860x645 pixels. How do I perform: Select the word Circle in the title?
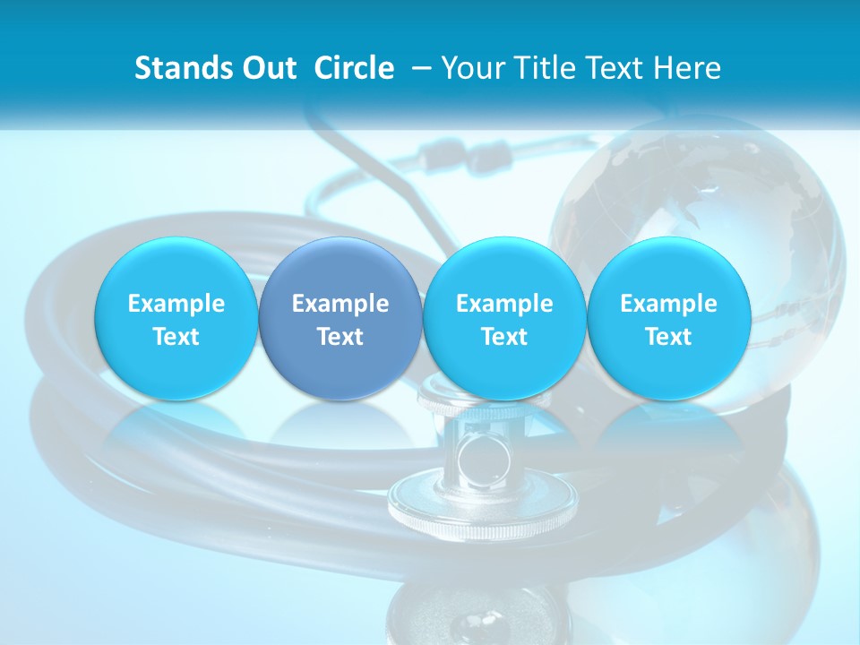pyautogui.click(x=354, y=68)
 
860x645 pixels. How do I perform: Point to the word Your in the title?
pyautogui.click(x=470, y=68)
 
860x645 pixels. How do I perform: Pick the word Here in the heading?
pyautogui.click(x=685, y=68)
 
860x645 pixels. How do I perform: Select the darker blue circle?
pyautogui.click(x=340, y=318)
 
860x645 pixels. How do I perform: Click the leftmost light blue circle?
pyautogui.click(x=176, y=318)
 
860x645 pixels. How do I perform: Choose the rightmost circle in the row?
pyautogui.click(x=669, y=318)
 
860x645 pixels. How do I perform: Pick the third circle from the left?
pyautogui.click(x=504, y=318)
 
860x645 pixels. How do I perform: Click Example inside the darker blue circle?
pyautogui.click(x=340, y=304)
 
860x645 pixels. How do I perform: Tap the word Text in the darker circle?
pyautogui.click(x=340, y=337)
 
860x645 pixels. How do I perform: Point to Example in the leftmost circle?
pyautogui.click(x=176, y=304)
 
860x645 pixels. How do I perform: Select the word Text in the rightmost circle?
pyautogui.click(x=669, y=337)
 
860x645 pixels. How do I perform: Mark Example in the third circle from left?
pyautogui.click(x=504, y=304)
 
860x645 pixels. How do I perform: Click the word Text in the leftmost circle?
pyautogui.click(x=176, y=337)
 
